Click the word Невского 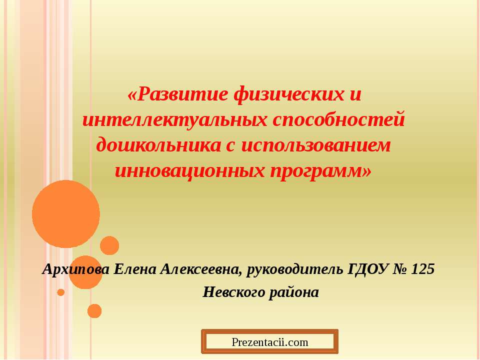232,292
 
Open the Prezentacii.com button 270,342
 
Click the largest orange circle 66,214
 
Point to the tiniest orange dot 61,292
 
